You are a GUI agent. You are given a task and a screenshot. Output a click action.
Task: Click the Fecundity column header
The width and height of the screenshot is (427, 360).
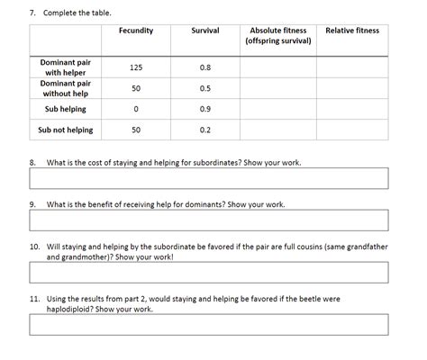click(136, 31)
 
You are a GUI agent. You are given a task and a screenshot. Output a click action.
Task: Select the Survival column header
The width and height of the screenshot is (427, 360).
click(205, 31)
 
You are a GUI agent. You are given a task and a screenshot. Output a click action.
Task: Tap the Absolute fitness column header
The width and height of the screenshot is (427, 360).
click(278, 36)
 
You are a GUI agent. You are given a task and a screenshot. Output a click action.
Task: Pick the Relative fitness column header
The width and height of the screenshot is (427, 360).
click(352, 31)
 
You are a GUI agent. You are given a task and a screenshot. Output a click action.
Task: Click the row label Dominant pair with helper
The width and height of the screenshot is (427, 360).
click(65, 67)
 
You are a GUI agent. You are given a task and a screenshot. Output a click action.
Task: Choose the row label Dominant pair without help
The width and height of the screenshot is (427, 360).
click(65, 88)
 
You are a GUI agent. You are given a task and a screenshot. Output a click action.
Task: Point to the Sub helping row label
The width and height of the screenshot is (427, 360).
click(65, 109)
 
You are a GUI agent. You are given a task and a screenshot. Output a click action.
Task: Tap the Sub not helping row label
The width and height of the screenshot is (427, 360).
click(65, 130)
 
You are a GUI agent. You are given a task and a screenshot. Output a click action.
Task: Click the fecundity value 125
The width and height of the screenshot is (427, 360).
click(136, 67)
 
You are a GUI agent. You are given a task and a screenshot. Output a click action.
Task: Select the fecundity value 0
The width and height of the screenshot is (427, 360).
click(136, 109)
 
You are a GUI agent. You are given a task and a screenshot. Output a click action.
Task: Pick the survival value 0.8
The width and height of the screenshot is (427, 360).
click(205, 67)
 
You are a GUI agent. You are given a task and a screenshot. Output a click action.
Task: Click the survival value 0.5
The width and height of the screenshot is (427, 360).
click(205, 88)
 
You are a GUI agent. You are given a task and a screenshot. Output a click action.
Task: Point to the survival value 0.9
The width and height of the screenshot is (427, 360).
click(205, 109)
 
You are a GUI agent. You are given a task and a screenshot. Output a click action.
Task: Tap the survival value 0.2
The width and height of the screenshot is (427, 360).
click(205, 130)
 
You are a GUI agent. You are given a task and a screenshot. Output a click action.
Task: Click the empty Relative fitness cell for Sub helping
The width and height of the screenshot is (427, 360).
click(352, 109)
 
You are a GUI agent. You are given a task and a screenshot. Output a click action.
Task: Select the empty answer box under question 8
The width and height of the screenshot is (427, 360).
click(208, 178)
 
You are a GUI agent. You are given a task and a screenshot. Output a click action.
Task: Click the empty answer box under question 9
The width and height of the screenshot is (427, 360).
click(208, 220)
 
